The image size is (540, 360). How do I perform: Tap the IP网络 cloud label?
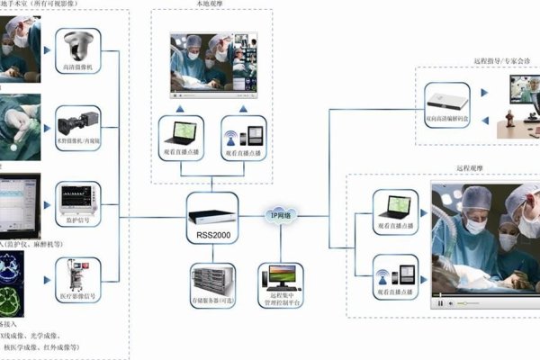point(280,215)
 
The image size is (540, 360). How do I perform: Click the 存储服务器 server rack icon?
point(213,283)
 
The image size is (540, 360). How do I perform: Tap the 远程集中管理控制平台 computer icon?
point(279,281)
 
